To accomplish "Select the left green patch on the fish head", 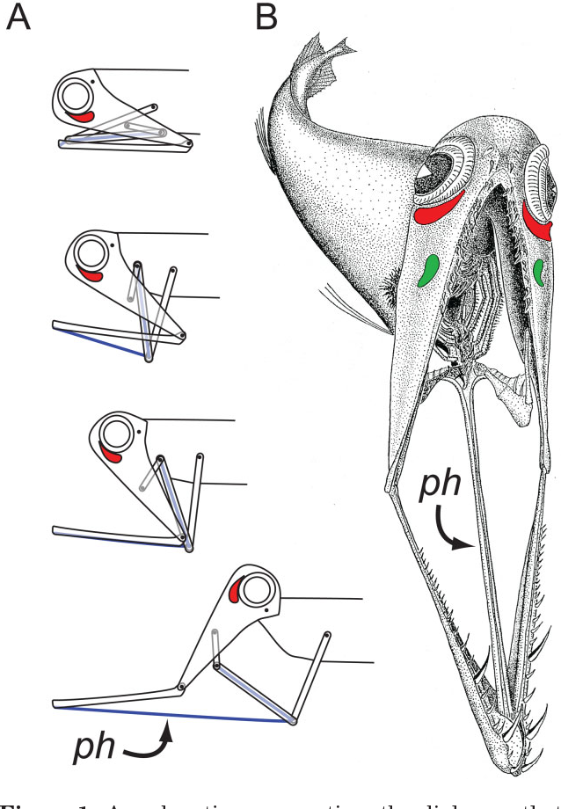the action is (429, 269).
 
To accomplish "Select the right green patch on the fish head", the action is (538, 273).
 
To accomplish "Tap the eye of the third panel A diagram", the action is (115, 434).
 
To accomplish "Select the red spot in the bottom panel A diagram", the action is (235, 593).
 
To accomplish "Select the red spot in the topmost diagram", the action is (82, 116).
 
